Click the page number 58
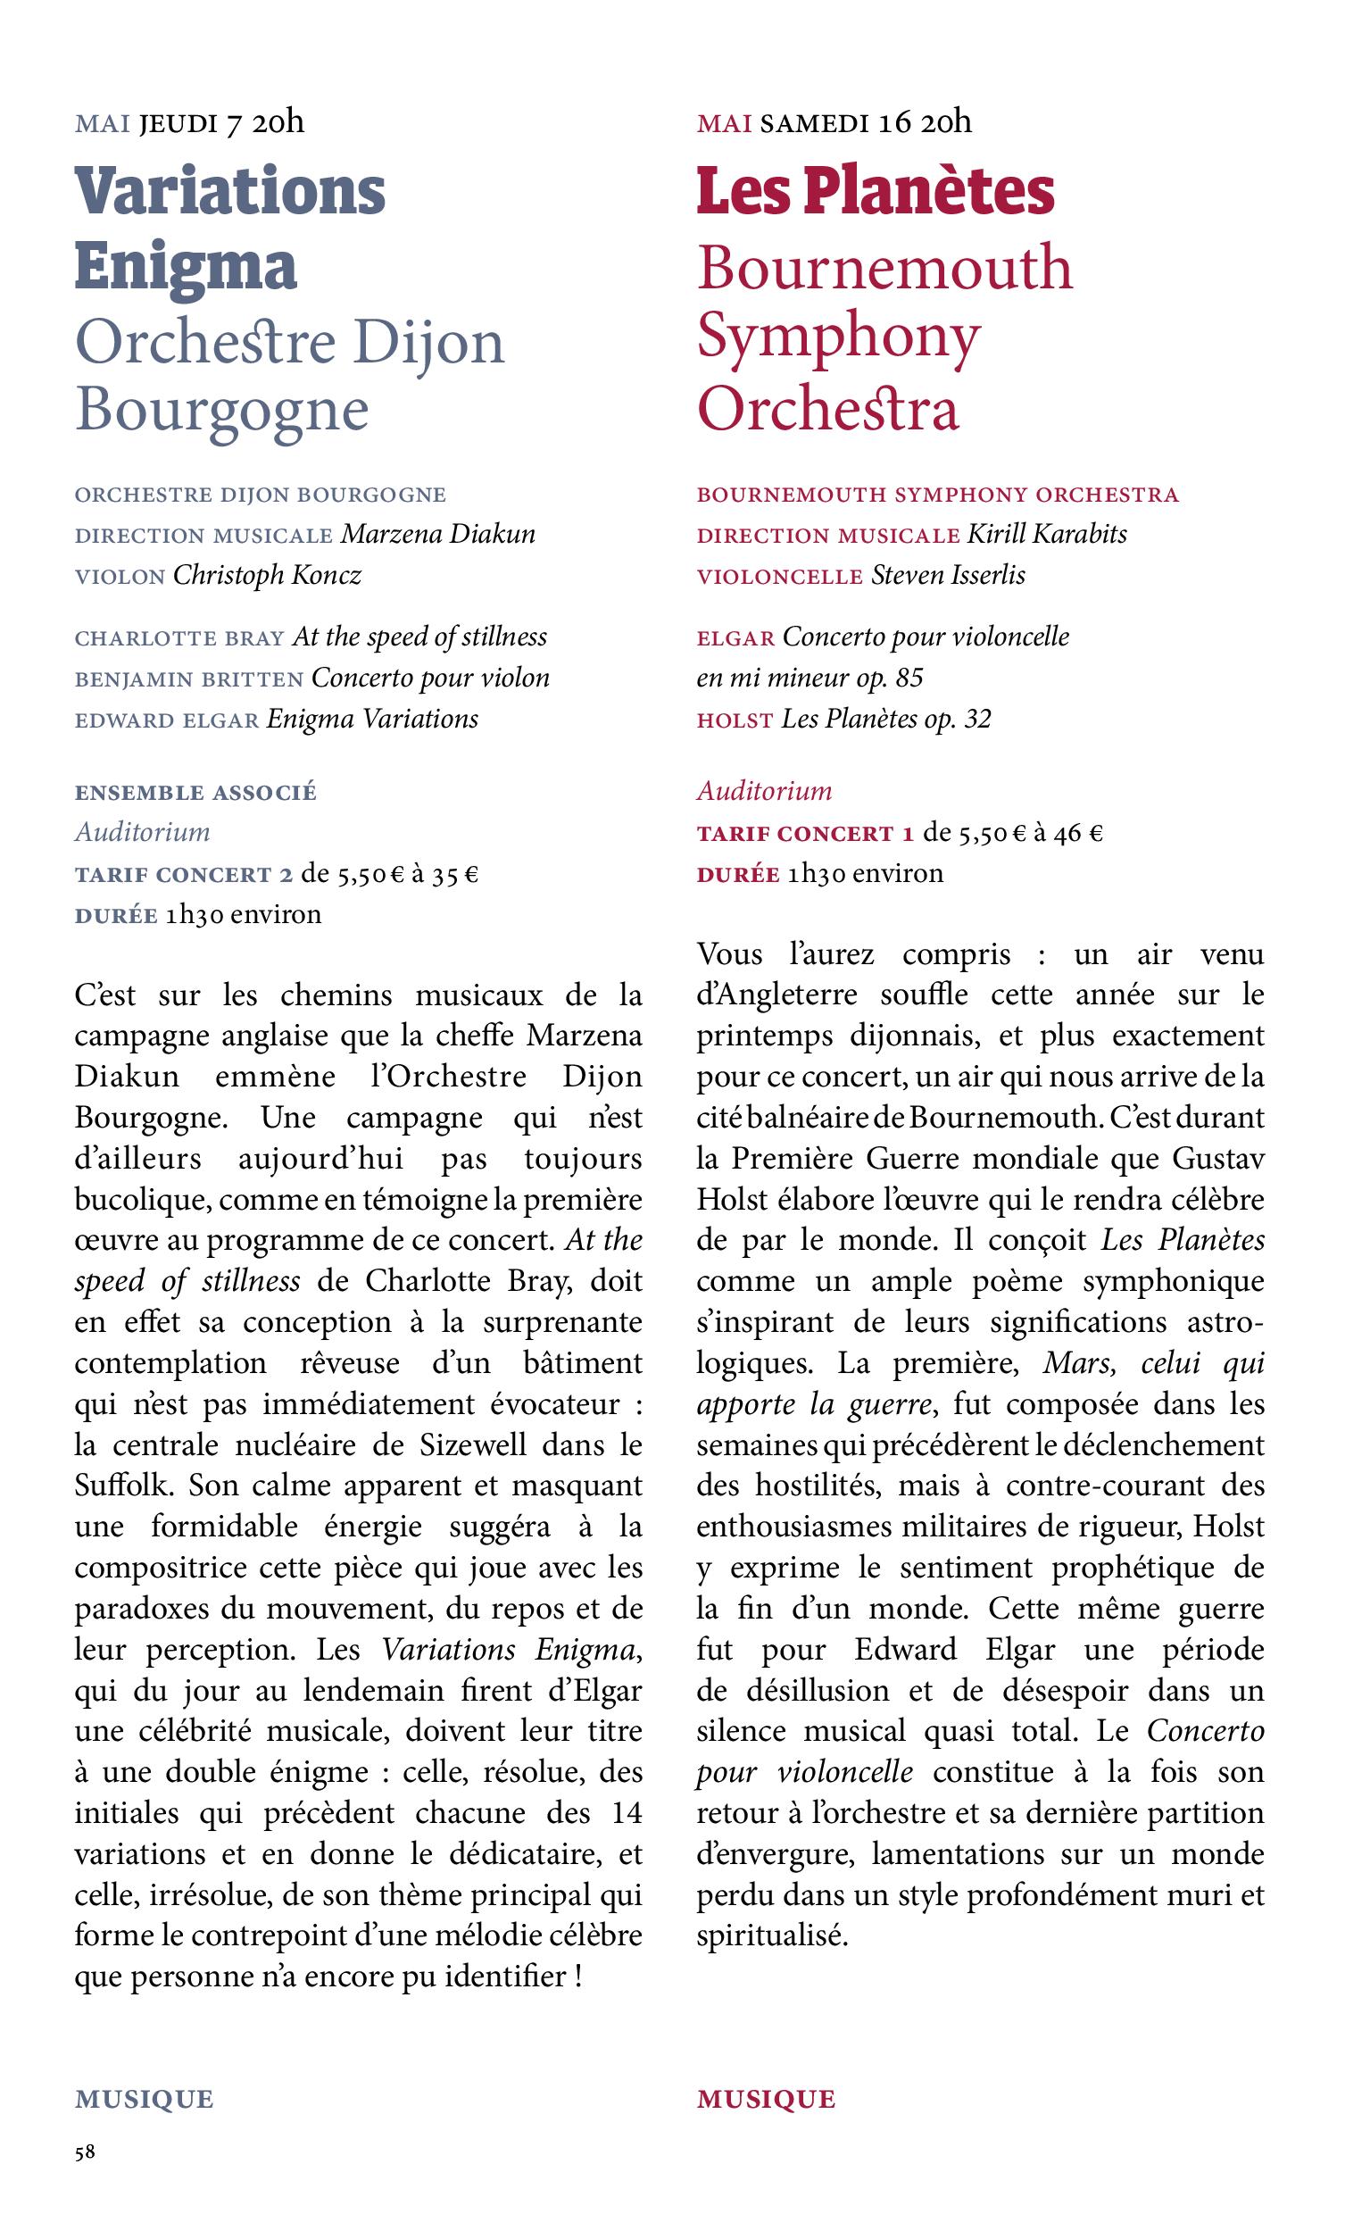coord(84,2152)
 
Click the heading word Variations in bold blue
coord(230,191)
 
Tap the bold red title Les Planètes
coord(876,191)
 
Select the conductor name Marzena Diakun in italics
coord(437,534)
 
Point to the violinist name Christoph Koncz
coord(267,575)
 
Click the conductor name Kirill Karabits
coord(1047,534)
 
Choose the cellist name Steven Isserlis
coord(948,575)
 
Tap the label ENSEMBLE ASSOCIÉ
coord(195,792)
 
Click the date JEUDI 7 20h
coord(221,122)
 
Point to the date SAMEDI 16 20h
coord(866,122)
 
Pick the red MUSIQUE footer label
coord(766,2098)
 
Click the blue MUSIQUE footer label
coord(144,2098)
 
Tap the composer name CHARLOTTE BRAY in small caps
coord(179,638)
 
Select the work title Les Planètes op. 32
coord(886,720)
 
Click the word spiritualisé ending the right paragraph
coord(772,1935)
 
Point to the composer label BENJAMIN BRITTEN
coord(188,678)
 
